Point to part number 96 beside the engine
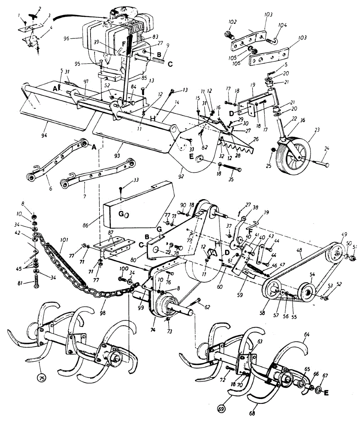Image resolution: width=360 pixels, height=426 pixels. pyautogui.click(x=75, y=38)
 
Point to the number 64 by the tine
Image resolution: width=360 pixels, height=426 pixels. pyautogui.click(x=307, y=334)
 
